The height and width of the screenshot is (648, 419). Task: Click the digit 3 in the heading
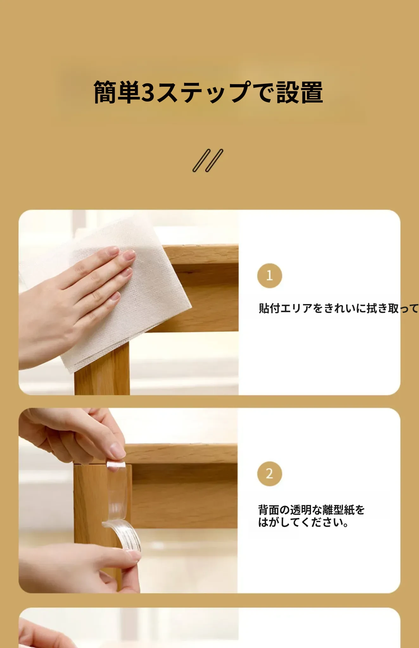pos(148,92)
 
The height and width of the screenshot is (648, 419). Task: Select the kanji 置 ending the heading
pos(312,92)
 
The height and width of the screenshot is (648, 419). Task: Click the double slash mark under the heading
pos(208,160)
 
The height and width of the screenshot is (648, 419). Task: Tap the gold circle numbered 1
pos(270,276)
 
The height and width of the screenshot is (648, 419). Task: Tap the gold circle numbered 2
pos(270,474)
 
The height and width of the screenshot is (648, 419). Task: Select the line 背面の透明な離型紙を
pos(311,510)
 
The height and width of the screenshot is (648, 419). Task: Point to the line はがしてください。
pos(303,522)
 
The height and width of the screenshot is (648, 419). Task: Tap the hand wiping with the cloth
pos(73,304)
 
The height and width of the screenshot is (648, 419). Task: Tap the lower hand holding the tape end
pos(79,566)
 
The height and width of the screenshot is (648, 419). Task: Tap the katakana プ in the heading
pos(240,92)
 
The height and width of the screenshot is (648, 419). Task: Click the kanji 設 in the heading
pos(288,92)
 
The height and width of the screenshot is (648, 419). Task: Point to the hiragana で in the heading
pos(264,92)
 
